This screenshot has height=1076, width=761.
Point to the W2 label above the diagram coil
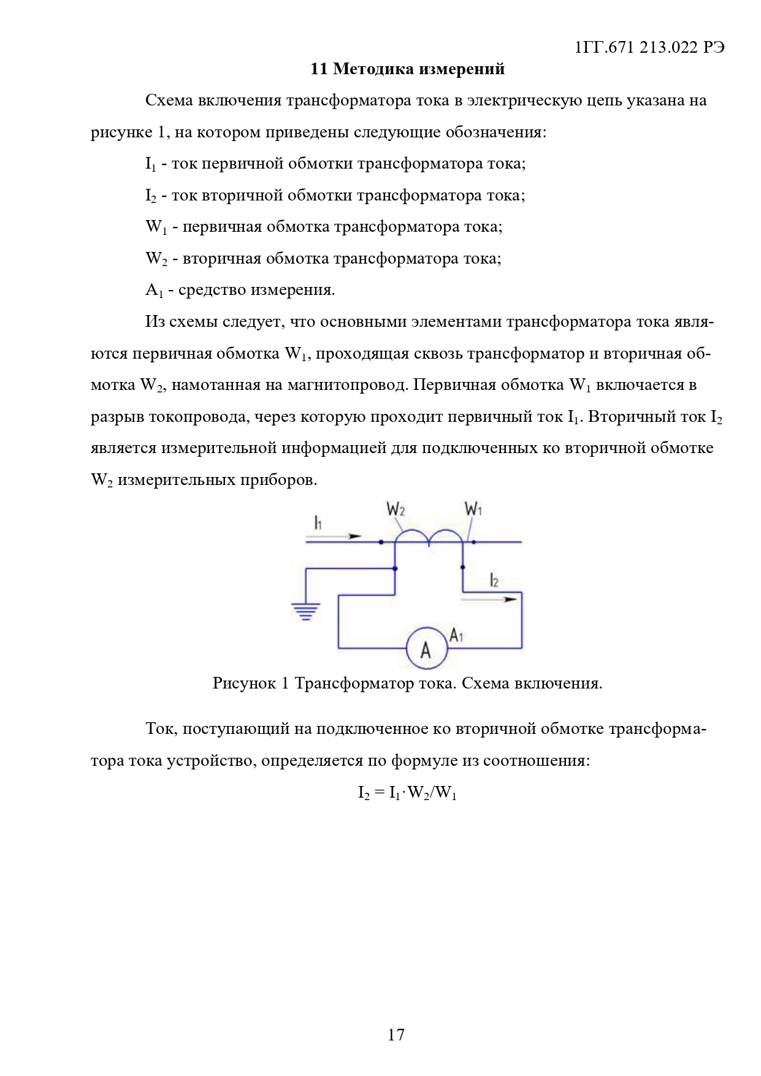[x=396, y=509]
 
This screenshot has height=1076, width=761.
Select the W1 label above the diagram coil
[x=473, y=509]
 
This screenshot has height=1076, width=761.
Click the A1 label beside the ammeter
[x=457, y=635]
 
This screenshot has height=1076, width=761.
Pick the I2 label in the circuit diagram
[x=494, y=579]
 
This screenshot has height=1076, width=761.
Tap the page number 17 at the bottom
[x=396, y=1035]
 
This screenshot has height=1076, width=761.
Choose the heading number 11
[x=319, y=69]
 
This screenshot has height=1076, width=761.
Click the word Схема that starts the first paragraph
[x=169, y=100]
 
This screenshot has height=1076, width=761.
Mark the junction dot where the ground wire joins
[x=395, y=568]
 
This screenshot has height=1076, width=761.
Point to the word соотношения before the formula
[x=535, y=761]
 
